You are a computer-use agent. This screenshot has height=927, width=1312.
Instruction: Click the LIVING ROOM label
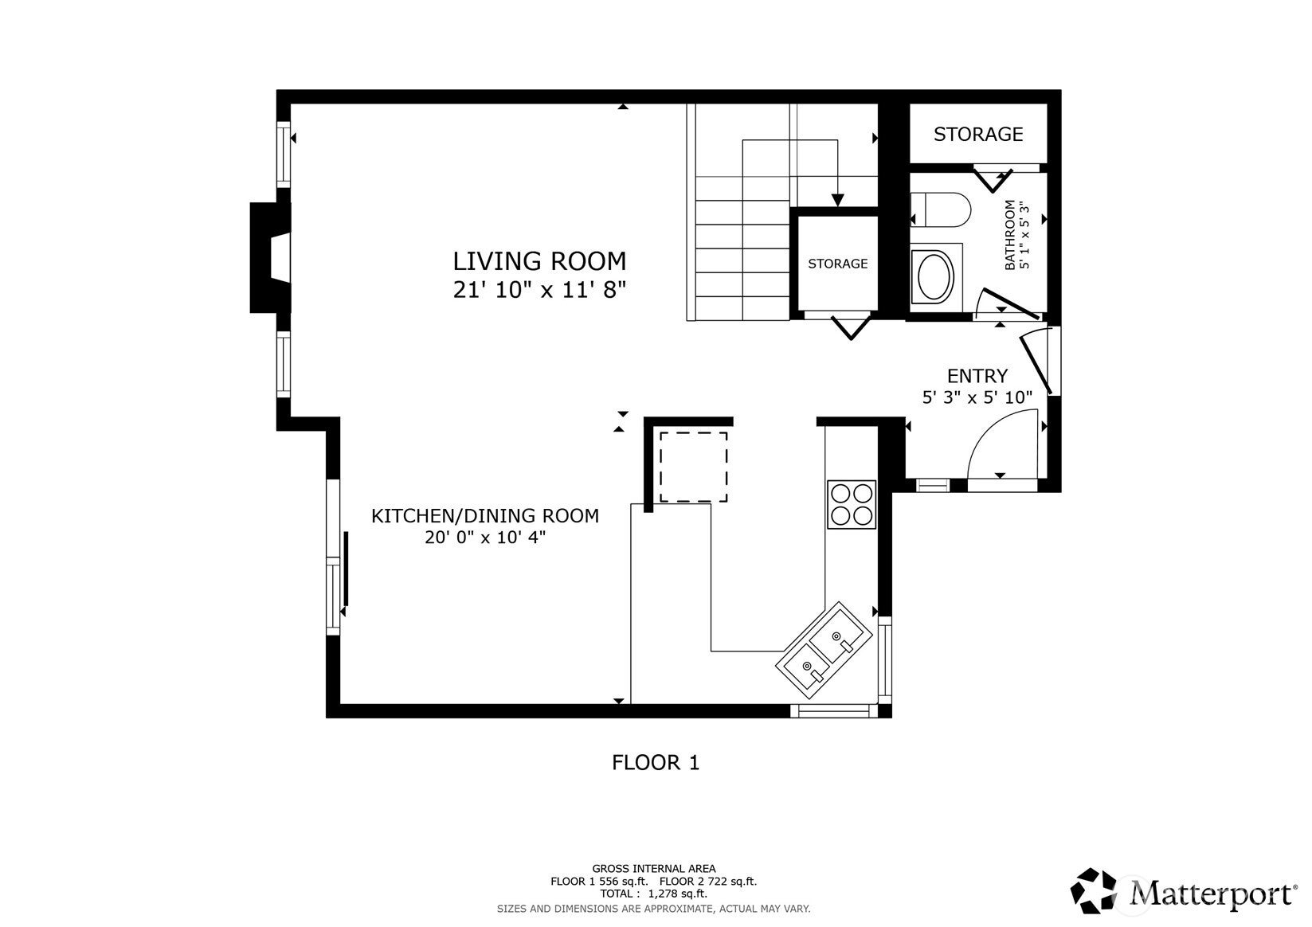click(x=539, y=261)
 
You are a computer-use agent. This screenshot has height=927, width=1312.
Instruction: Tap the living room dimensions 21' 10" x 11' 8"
click(x=539, y=290)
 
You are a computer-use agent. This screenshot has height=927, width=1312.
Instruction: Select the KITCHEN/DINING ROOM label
click(x=484, y=516)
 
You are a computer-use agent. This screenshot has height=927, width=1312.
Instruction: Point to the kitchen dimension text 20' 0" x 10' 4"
click(x=484, y=538)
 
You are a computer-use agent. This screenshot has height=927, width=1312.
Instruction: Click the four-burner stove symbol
click(x=851, y=504)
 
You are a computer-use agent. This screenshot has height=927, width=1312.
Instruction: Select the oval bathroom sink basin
click(x=935, y=276)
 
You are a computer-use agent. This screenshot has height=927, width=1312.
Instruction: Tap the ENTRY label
click(x=977, y=376)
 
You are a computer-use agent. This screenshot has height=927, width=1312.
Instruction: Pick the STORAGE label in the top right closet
click(x=977, y=135)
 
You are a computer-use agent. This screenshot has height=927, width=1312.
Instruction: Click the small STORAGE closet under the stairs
click(x=837, y=264)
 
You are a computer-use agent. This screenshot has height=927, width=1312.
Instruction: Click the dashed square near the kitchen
click(x=693, y=467)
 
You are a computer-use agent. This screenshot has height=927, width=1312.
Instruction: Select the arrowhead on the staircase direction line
click(x=837, y=201)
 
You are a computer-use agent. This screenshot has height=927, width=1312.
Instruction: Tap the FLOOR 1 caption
click(x=655, y=763)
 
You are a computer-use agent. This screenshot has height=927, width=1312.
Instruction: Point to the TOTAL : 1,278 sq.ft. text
click(x=653, y=894)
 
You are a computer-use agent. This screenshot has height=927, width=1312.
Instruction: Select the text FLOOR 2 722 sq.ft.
click(x=707, y=882)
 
